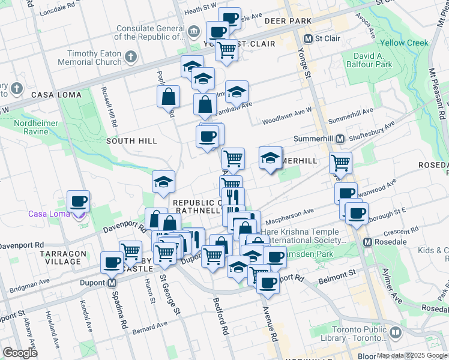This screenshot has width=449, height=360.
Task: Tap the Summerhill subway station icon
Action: pyautogui.click(x=340, y=139)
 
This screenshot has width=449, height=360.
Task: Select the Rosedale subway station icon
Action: pyautogui.click(x=367, y=242)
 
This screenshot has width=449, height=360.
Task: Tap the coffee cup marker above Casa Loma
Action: pyautogui.click(x=78, y=201)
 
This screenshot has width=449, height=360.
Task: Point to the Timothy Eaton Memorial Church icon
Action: pyautogui.click(x=131, y=58)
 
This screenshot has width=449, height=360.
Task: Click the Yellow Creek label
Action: pyautogui.click(x=404, y=43)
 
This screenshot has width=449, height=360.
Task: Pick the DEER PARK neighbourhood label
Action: pyautogui.click(x=288, y=21)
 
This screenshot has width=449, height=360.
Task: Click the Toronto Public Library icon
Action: pyautogui.click(x=395, y=332)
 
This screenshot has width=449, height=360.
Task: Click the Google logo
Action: pyautogui.click(x=21, y=353)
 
